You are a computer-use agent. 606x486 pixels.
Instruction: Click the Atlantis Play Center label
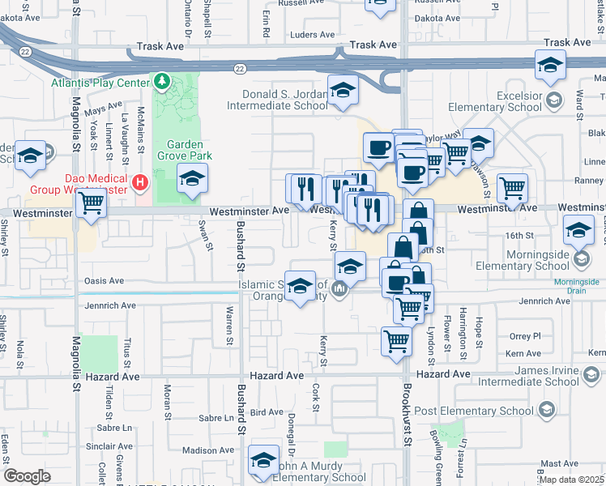[99, 83]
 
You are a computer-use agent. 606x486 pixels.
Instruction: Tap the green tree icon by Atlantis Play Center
[162, 83]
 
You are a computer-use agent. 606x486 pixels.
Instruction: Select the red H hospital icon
[140, 182]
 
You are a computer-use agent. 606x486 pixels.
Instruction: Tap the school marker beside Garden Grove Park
[192, 179]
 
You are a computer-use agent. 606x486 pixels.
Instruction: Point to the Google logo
[27, 475]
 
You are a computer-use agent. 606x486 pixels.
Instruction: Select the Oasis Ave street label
[105, 281]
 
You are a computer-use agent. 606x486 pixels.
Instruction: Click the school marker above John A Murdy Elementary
[262, 460]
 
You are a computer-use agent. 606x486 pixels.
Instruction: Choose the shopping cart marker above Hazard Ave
[396, 340]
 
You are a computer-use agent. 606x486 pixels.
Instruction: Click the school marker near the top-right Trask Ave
[549, 65]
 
